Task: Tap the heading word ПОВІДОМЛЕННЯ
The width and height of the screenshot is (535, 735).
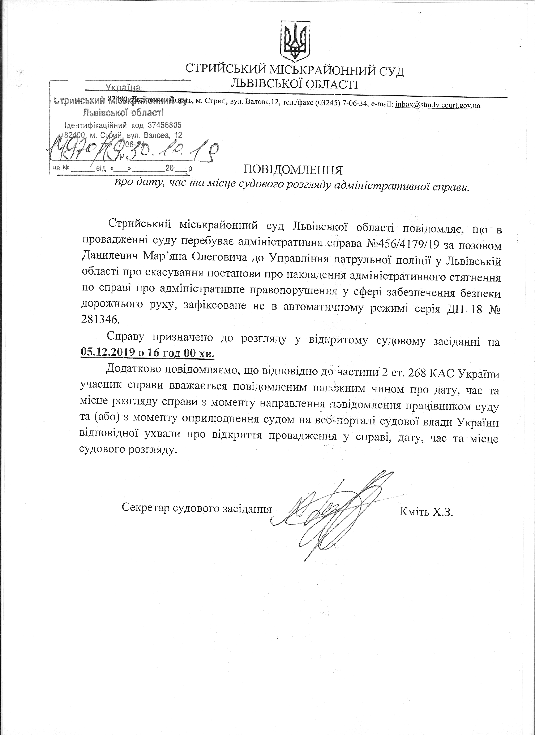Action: click(293, 169)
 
